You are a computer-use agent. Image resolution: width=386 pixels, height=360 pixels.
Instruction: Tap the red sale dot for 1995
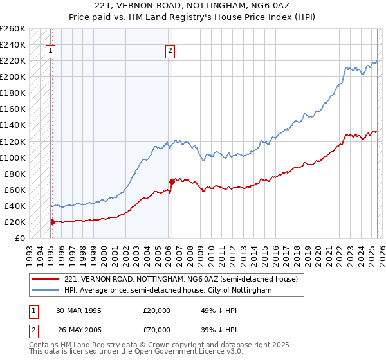[x=51, y=222]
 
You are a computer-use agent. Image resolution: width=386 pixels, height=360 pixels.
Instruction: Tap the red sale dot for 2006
[x=172, y=181]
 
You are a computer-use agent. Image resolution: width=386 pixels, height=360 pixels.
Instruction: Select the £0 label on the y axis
[x=20, y=238]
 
